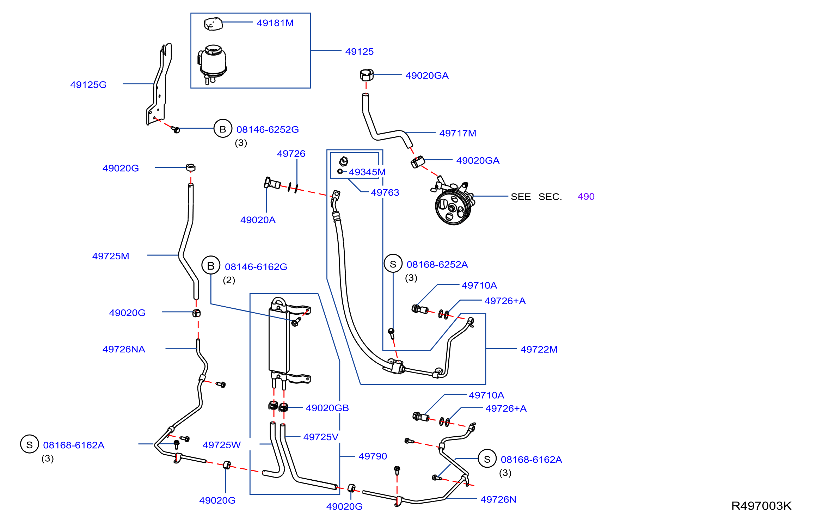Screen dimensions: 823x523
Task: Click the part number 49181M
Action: (275, 23)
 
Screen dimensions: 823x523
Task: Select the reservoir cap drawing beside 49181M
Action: (213, 24)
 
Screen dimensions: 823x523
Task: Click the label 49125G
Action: (88, 85)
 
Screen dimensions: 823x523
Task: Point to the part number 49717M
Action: (458, 133)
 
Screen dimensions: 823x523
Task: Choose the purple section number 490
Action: (586, 197)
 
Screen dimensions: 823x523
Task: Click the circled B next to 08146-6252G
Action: (223, 129)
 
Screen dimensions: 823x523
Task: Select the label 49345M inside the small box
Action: (367, 172)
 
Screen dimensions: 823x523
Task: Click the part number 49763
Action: (385, 192)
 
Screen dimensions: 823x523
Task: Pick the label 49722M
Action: (539, 349)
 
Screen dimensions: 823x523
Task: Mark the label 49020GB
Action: (327, 408)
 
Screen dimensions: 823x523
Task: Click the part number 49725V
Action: (321, 437)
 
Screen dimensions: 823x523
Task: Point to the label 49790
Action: (373, 456)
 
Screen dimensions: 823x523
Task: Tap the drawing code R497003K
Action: (761, 506)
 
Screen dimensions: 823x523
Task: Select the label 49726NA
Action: (124, 349)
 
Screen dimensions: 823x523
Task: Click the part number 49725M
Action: (111, 256)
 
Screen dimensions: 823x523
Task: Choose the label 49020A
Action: (258, 220)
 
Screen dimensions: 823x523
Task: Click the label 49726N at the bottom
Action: (498, 499)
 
